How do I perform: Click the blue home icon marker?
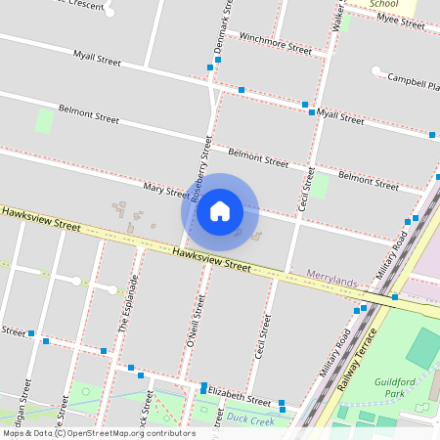[220, 211]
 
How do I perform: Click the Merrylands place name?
[331, 280]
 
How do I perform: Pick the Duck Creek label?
[251, 418]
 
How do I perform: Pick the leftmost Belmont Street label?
[88, 113]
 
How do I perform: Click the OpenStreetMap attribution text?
[98, 433]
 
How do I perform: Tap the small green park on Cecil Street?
[320, 185]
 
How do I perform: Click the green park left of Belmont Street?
[44, 121]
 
